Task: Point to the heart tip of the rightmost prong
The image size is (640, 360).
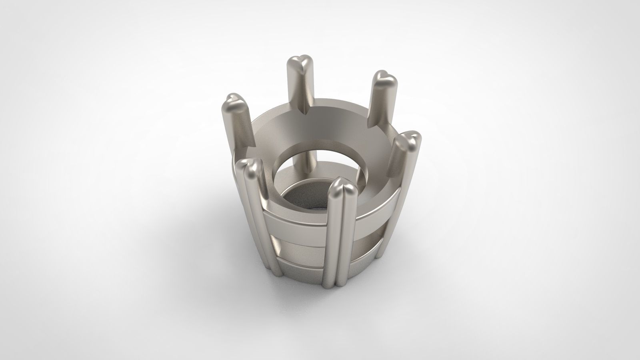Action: click(410, 140)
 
